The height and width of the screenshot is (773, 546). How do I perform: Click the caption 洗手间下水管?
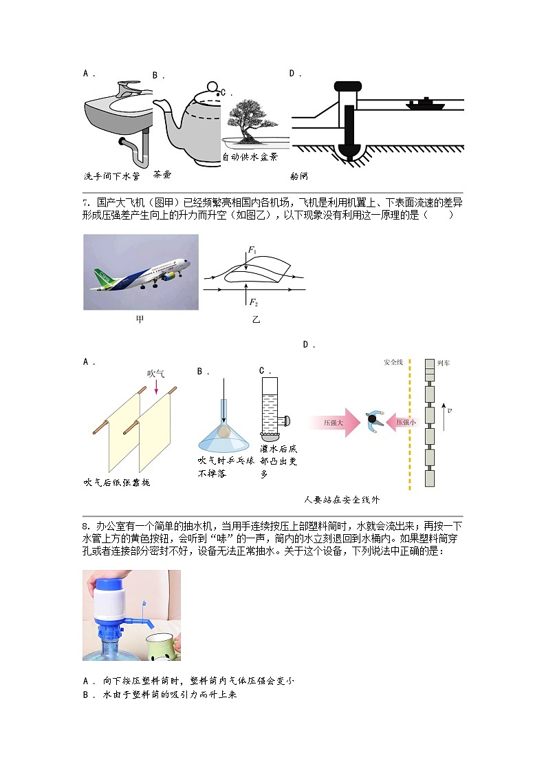click(x=111, y=176)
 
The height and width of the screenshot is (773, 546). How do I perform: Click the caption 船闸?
click(x=299, y=176)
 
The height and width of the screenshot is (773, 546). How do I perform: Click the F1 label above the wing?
click(x=252, y=251)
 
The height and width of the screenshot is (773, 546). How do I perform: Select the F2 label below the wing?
click(x=253, y=303)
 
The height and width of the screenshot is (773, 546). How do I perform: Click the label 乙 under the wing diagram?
click(x=256, y=320)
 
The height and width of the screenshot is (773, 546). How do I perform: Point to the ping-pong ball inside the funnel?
click(x=223, y=432)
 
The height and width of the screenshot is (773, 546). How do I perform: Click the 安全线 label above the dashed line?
click(x=393, y=363)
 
